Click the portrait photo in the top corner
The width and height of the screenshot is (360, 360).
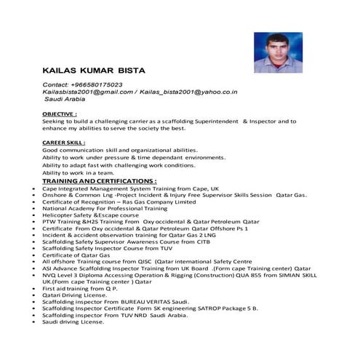pos(274,43)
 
